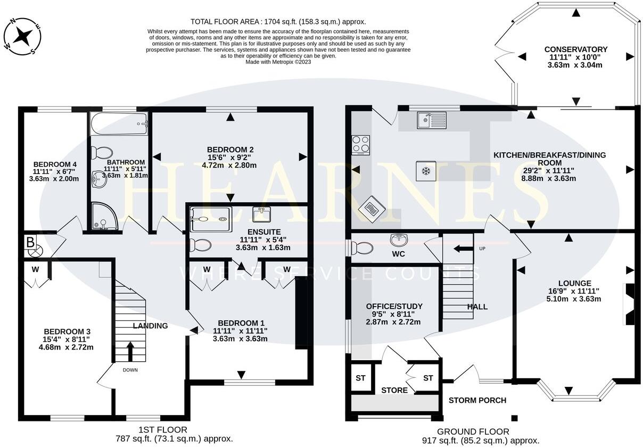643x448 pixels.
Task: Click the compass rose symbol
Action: pyautogui.click(x=23, y=36)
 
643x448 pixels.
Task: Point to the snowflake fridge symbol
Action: pyautogui.click(x=425, y=171)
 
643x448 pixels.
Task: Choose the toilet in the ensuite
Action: pyautogui.click(x=200, y=245)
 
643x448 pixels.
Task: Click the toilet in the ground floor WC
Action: pyautogui.click(x=363, y=248)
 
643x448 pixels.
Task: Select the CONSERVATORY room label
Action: pyautogui.click(x=575, y=49)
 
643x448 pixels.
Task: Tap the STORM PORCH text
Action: pyautogui.click(x=477, y=400)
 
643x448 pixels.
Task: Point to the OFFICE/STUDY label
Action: pyautogui.click(x=394, y=306)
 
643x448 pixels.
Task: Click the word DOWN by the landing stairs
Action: pyautogui.click(x=130, y=370)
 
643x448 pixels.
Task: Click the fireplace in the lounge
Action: pyautogui.click(x=630, y=304)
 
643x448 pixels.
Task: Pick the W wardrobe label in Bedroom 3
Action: pyautogui.click(x=35, y=269)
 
